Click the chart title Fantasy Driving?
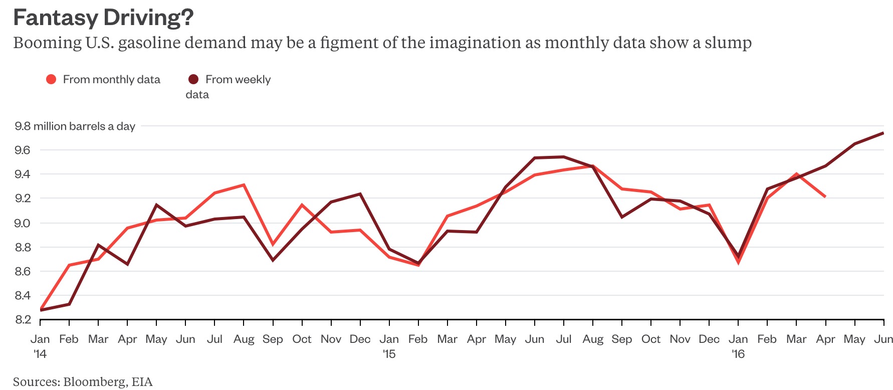[x=103, y=18]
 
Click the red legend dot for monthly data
[x=51, y=79]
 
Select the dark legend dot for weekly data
[x=193, y=79]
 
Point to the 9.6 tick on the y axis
[x=23, y=150]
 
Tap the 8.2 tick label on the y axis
[x=23, y=319]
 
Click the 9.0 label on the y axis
[x=23, y=223]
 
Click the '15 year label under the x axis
[x=389, y=354]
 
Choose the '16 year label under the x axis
[x=738, y=354]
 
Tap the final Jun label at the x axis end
[x=883, y=339]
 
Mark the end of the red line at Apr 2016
[x=825, y=197]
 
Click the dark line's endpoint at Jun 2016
[x=883, y=133]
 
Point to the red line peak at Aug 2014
[x=244, y=185]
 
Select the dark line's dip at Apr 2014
[x=127, y=264]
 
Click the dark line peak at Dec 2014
[x=360, y=194]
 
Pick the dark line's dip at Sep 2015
[x=622, y=217]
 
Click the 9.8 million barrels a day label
[x=75, y=126]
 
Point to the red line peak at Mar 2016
[x=796, y=174]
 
